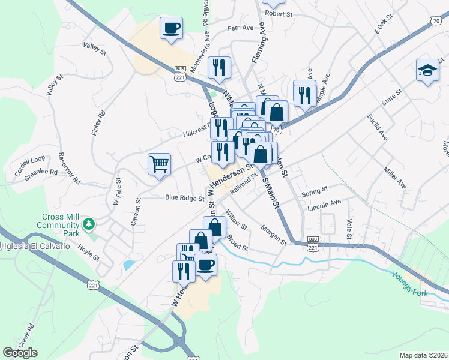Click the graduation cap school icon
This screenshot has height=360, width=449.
pyautogui.click(x=427, y=71)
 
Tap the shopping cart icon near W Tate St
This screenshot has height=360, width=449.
pyautogui.click(x=159, y=164)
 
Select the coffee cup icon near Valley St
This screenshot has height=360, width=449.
pyautogui.click(x=171, y=28)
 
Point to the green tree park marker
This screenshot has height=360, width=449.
pyautogui.click(x=89, y=224)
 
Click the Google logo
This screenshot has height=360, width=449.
pyautogui.click(x=20, y=353)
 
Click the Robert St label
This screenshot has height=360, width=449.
pyautogui.click(x=278, y=13)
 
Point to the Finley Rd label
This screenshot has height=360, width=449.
pyautogui.click(x=98, y=123)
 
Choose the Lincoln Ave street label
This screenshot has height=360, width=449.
pyautogui.click(x=324, y=205)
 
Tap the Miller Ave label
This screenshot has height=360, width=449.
pyautogui.click(x=394, y=178)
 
